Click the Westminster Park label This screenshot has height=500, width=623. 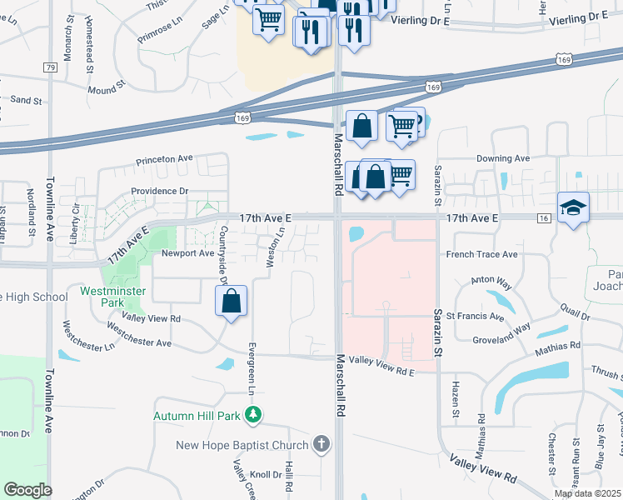[x=113, y=297]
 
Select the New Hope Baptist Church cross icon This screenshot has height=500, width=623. [x=322, y=444]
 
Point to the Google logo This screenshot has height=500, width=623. [x=27, y=490]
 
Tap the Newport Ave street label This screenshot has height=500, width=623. [x=187, y=252]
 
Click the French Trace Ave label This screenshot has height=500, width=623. [x=482, y=254]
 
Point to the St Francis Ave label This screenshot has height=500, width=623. [x=475, y=317]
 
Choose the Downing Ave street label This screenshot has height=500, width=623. [x=503, y=158]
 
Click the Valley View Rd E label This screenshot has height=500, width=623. [x=381, y=359]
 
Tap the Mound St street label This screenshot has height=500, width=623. [x=106, y=87]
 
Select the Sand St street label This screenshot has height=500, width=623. [x=26, y=100]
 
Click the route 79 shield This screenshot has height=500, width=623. [x=51, y=67]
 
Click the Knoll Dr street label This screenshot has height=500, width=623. [x=266, y=474]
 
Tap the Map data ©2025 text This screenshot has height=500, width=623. [x=587, y=493]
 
